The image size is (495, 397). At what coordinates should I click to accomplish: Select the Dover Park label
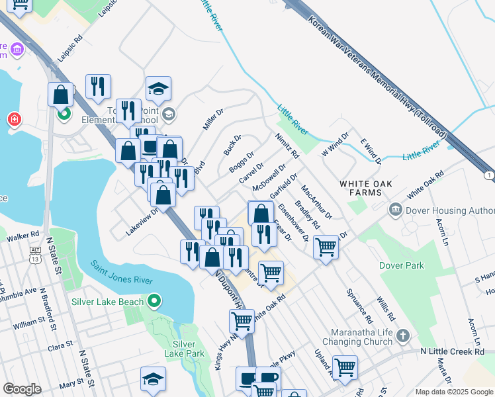(x=401, y=265)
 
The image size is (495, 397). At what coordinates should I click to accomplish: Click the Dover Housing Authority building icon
(x=396, y=210)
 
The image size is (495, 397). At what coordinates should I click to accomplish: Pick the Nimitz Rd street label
(x=287, y=146)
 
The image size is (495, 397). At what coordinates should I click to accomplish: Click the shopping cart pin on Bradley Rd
(x=326, y=247)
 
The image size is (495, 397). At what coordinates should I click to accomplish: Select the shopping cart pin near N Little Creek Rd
(x=345, y=367)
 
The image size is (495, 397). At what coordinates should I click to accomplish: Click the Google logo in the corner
(x=22, y=389)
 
